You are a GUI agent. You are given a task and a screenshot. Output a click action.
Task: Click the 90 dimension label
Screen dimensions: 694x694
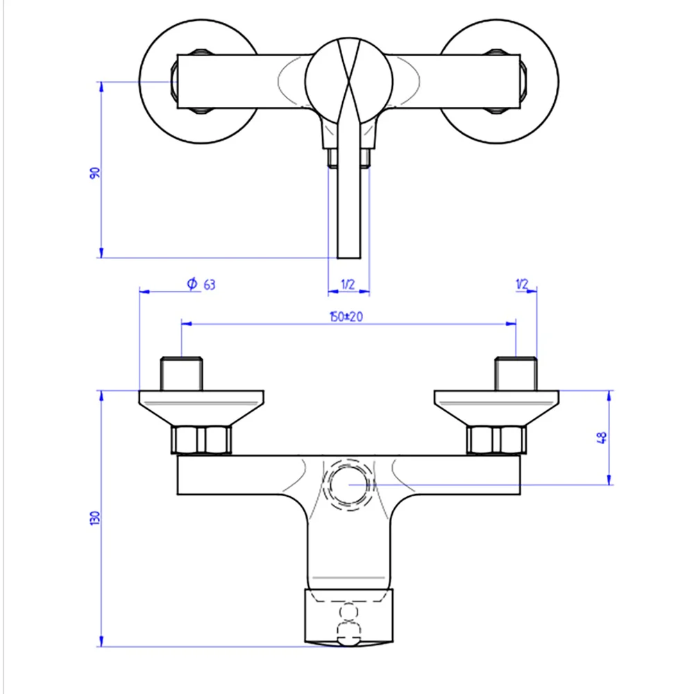coord(94,173)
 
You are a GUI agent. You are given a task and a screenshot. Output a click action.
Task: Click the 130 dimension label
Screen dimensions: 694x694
coord(94,518)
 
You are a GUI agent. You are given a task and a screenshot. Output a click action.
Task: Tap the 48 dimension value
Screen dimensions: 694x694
coord(602,438)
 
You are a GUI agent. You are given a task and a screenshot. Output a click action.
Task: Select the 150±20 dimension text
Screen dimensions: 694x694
coord(346,316)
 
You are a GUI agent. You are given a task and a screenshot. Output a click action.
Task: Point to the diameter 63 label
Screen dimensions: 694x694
coord(201,284)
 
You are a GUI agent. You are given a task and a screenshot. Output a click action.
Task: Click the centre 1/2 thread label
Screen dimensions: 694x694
coord(348,284)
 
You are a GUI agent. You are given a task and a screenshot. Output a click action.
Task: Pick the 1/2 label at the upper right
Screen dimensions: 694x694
coord(523,284)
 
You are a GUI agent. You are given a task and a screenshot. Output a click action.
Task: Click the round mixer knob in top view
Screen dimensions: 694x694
coord(349,81)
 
